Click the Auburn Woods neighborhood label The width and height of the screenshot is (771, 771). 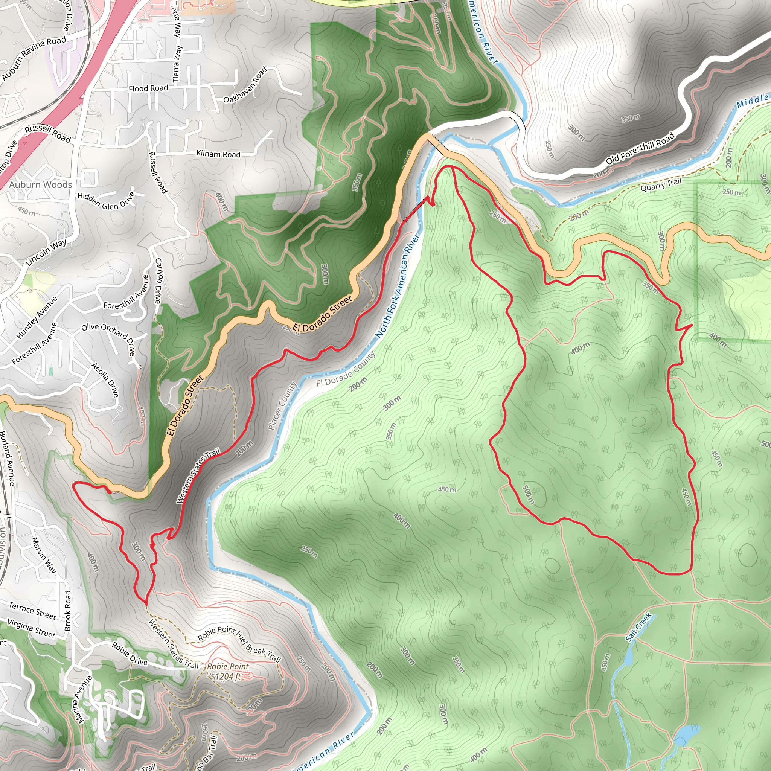pos(41,185)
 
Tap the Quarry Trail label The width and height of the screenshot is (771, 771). pos(661,185)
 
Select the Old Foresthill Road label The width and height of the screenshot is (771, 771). pos(640,148)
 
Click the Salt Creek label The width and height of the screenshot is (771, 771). pos(638,627)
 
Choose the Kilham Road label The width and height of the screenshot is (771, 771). pos(218,154)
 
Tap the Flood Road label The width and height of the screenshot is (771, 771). pos(148,88)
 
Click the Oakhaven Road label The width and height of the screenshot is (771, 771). pos(245,85)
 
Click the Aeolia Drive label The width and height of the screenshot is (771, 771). pos(105,379)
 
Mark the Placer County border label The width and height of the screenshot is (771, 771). pos(283,406)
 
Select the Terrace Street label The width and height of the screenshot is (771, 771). pos(33,611)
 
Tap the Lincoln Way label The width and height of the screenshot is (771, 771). pos(46,253)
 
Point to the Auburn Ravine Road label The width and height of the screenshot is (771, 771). pos(34,58)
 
